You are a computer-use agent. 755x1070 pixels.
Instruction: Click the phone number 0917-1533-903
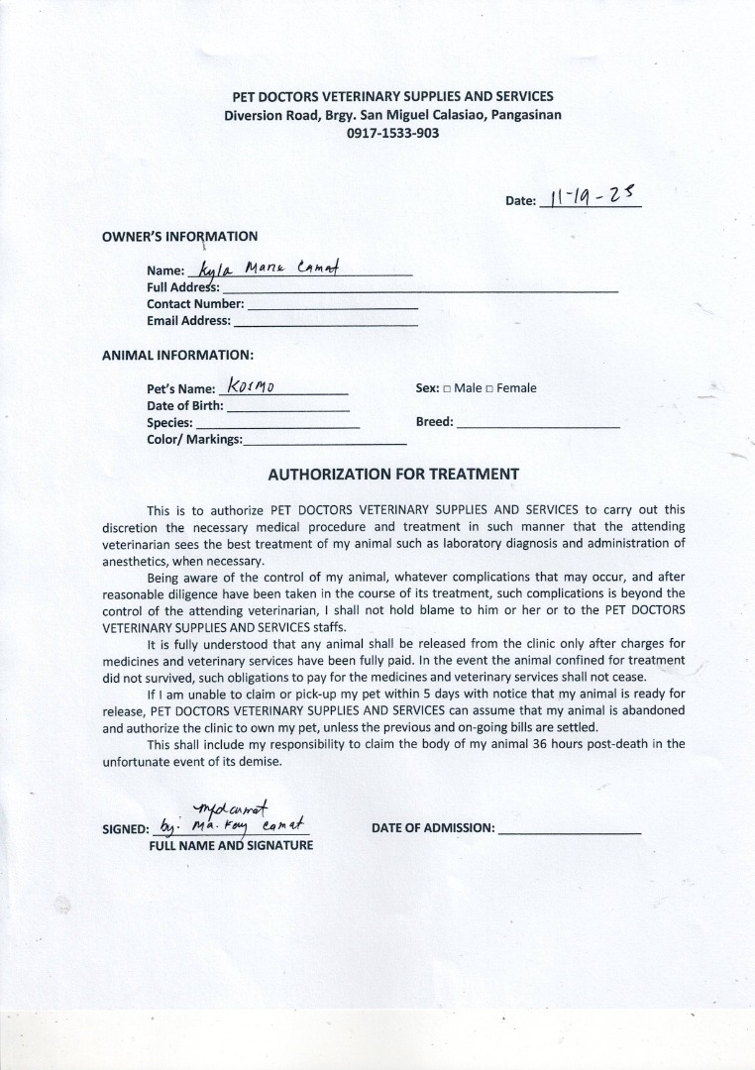point(392,133)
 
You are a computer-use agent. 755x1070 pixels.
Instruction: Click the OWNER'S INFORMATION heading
point(179,237)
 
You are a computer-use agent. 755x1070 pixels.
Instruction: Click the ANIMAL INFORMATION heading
point(177,355)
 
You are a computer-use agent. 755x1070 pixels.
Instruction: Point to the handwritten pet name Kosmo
point(250,385)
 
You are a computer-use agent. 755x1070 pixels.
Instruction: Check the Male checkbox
point(447,388)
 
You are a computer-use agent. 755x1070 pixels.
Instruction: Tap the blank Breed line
point(538,424)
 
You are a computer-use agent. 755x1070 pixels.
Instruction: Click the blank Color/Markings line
point(325,441)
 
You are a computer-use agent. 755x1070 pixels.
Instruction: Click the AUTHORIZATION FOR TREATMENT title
point(393,474)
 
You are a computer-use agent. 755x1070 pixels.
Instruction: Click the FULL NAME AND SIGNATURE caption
point(231,845)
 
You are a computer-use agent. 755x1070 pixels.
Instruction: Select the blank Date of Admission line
point(570,830)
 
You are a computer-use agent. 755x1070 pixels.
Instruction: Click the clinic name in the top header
point(392,97)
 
